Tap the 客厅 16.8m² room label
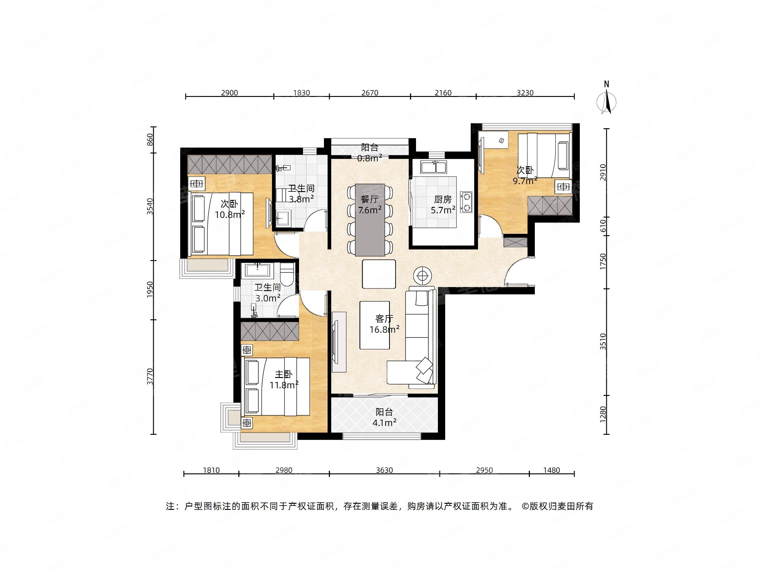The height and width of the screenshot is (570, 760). tap(384, 324)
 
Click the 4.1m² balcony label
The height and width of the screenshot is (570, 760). tap(384, 417)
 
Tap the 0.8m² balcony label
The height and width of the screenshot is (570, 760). tap(370, 153)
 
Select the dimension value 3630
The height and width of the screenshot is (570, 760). tap(384, 470)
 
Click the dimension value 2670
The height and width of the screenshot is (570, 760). tap(370, 93)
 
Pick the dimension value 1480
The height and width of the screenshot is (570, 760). tap(552, 470)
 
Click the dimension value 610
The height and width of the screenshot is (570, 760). tap(603, 226)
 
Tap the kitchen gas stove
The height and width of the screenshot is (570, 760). tap(466, 202)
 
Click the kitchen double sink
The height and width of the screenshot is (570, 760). tap(434, 167)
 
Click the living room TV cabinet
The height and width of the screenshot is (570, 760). tap(339, 342)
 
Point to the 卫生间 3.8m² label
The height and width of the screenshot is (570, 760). tap(301, 194)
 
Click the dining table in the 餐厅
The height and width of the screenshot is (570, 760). tap(370, 220)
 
